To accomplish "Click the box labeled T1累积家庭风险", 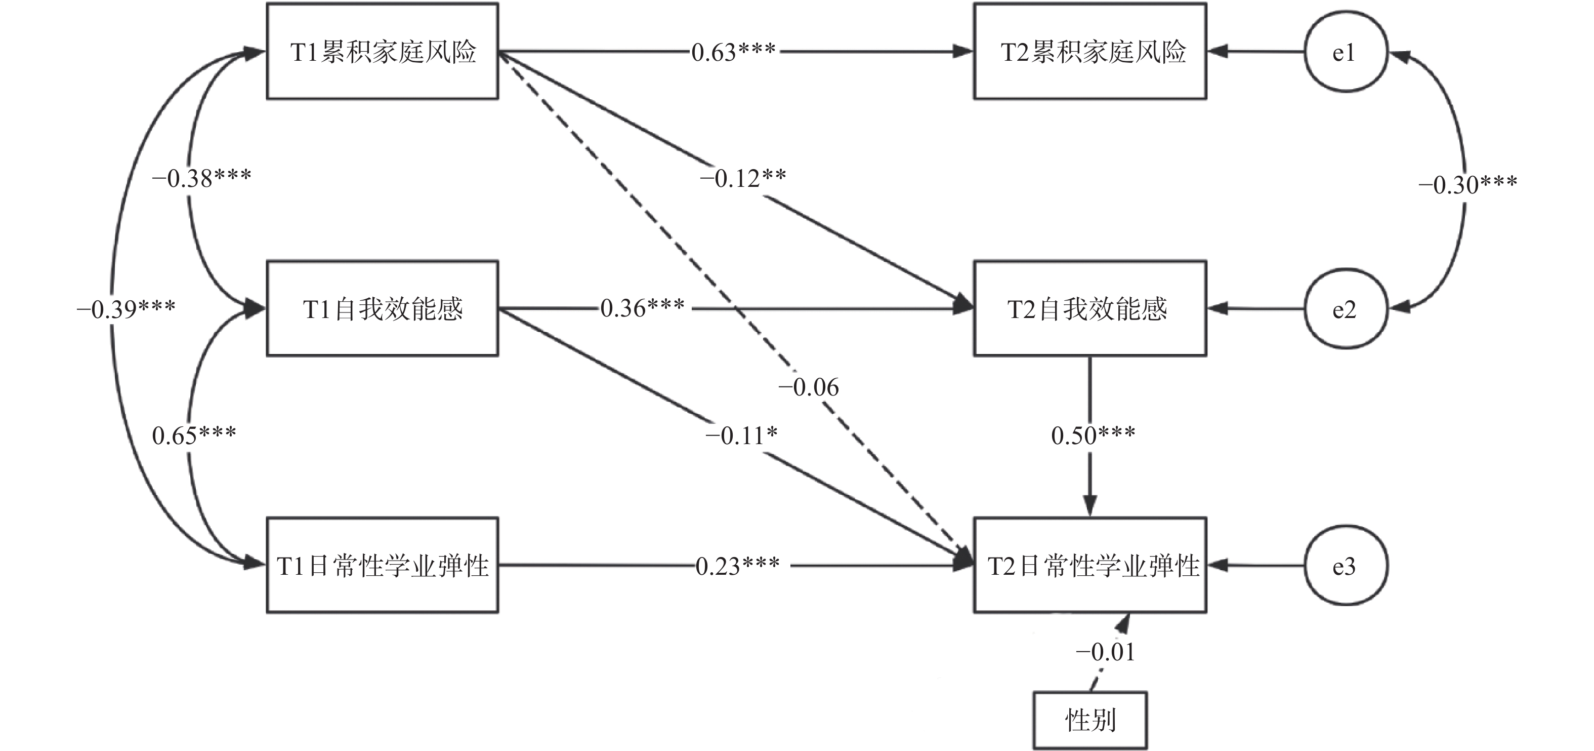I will (383, 51).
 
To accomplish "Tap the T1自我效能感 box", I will (383, 308).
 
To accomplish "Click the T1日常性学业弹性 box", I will (383, 565).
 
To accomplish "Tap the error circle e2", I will (1345, 309).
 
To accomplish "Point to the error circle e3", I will (1345, 566).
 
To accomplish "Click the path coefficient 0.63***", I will (733, 53).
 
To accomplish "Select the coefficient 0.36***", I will (642, 308).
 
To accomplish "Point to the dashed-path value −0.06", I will (808, 387).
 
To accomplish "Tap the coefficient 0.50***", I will (1093, 435).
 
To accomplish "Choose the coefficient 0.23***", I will (738, 566).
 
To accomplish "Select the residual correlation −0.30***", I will (1467, 184).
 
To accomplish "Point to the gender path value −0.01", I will (1105, 652).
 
